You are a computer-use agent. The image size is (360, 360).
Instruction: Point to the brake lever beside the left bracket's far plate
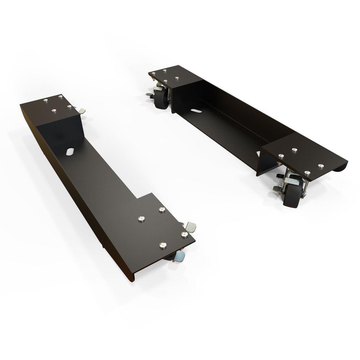click(x=82, y=111)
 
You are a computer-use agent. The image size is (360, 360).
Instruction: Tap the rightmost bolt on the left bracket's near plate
click(x=184, y=234)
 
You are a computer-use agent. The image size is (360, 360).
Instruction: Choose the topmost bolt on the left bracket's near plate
click(x=162, y=210)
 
